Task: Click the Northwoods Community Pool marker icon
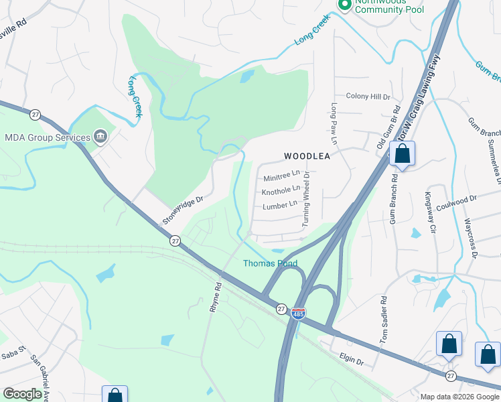(345, 5)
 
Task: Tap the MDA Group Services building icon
(100, 137)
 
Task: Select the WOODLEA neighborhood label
(307, 155)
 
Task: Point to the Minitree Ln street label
(281, 178)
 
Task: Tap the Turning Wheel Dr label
(307, 199)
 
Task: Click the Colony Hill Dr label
(368, 96)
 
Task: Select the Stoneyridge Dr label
(182, 210)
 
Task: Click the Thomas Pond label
(270, 263)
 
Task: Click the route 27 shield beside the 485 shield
(281, 309)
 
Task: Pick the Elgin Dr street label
(351, 361)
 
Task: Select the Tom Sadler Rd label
(383, 321)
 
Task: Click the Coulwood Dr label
(455, 199)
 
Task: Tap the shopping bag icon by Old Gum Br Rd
(403, 153)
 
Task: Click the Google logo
(22, 394)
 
